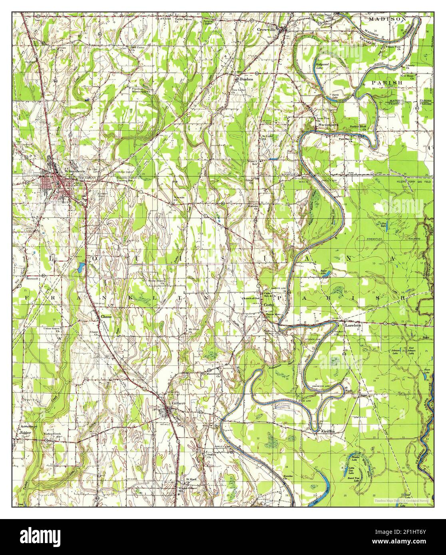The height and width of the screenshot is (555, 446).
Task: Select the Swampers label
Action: click(328, 125)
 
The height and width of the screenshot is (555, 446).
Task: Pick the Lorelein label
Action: click(353, 325)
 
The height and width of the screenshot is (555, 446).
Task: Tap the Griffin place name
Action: click(327, 432)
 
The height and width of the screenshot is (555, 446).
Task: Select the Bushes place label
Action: click(246, 79)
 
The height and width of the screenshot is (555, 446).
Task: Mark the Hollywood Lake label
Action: click(322, 66)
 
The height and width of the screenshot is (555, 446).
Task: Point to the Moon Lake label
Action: click(426, 371)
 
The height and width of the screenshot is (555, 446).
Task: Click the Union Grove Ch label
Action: click(52, 329)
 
